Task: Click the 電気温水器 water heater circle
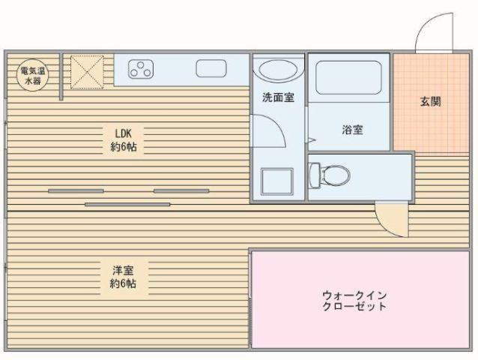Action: pos(31,74)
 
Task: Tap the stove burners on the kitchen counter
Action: pos(141,70)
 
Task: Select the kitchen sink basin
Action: pos(211,69)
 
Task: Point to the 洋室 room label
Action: pos(123,270)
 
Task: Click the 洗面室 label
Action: pos(277,97)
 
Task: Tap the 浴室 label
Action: pos(352,130)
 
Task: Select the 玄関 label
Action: pos(429,100)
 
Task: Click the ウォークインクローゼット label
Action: pos(354,301)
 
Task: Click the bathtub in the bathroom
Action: pos(348,77)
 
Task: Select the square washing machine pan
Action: pos(276,181)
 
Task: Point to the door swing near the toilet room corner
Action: pos(390,219)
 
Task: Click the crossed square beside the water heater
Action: pos(86,70)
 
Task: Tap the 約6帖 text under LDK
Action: pos(123,147)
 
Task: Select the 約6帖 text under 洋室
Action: pos(123,284)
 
